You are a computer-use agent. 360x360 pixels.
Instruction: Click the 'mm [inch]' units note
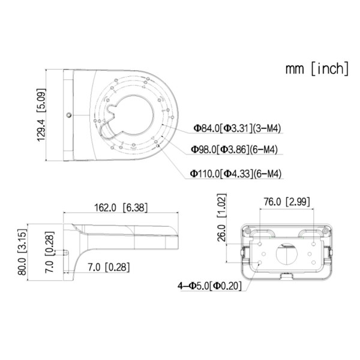pyautogui.click(x=317, y=68)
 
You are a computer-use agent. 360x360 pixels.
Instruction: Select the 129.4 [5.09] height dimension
pyautogui.click(x=41, y=115)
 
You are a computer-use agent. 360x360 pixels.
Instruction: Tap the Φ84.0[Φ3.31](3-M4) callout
pyautogui.click(x=237, y=128)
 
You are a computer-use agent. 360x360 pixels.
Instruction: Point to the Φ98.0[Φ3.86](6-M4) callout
pyautogui.click(x=235, y=149)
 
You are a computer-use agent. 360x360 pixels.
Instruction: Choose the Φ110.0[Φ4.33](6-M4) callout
pyautogui.click(x=236, y=173)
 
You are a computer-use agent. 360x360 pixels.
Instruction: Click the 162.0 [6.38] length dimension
pyautogui.click(x=121, y=208)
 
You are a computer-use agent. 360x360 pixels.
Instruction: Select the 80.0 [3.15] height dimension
pyautogui.click(x=22, y=252)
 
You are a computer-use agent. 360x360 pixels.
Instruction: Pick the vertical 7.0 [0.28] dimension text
pyautogui.click(x=50, y=252)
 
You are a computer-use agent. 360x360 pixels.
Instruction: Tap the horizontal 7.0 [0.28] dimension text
pyautogui.click(x=109, y=267)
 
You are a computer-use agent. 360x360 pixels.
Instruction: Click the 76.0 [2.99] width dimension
pyautogui.click(x=287, y=202)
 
